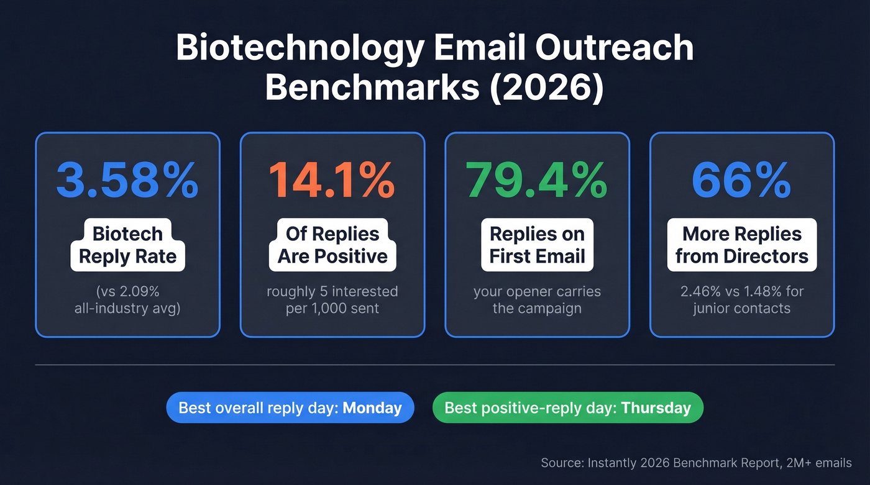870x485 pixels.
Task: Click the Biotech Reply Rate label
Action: click(x=127, y=245)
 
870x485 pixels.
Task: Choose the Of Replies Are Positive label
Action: click(x=332, y=245)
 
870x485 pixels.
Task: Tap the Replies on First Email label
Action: click(x=537, y=245)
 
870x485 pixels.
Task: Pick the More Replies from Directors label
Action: click(x=742, y=245)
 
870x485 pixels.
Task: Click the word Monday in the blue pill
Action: click(x=372, y=408)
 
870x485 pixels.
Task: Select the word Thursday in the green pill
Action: click(x=656, y=408)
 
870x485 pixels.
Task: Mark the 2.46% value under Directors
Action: click(x=702, y=291)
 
